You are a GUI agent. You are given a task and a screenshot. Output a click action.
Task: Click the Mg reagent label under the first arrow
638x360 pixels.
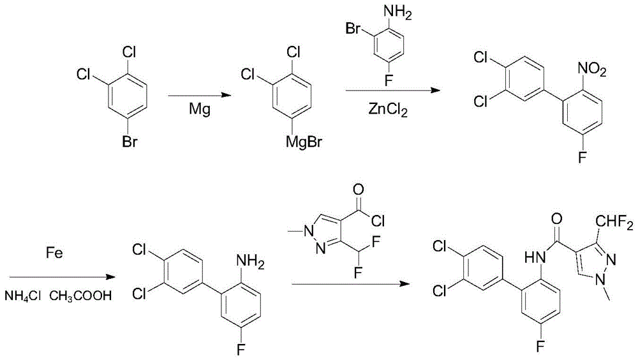[200, 110]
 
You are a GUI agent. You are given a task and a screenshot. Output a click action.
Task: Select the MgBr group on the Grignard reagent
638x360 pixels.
[304, 142]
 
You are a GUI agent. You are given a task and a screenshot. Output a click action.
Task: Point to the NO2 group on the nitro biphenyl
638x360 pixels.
[592, 70]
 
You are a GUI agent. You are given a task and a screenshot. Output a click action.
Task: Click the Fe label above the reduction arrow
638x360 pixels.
[54, 253]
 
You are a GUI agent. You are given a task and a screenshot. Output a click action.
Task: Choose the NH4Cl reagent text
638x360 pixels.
[22, 296]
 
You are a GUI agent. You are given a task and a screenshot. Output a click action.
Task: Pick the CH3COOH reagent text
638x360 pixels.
[80, 296]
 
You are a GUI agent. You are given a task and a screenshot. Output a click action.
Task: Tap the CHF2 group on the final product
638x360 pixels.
[614, 223]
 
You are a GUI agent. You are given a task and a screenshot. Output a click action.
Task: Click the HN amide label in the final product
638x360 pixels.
[535, 257]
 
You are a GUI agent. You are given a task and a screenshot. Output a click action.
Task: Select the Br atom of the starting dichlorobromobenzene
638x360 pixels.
[130, 142]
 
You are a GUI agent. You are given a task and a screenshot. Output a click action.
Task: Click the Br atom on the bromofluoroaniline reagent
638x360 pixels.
[353, 29]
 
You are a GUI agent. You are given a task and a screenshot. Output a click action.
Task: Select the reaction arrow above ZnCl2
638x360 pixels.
[392, 90]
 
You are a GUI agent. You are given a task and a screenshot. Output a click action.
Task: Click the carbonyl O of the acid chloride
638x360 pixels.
[359, 190]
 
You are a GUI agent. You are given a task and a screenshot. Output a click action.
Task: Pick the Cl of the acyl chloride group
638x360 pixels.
[378, 221]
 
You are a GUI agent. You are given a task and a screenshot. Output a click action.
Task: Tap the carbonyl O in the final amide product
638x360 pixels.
[556, 219]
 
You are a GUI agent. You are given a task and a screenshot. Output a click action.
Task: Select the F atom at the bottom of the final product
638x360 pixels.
[540, 346]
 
